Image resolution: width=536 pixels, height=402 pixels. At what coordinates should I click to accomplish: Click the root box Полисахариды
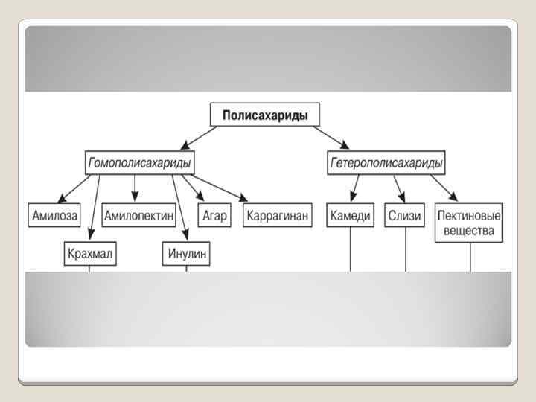[x=265, y=115]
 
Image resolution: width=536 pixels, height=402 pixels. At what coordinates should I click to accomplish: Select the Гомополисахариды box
[x=139, y=162]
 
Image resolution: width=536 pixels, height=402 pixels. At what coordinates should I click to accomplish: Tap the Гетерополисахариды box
[x=386, y=162]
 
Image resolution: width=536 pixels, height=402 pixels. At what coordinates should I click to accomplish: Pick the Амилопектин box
[x=139, y=216]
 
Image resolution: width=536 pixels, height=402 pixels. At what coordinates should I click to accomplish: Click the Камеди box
[x=351, y=216]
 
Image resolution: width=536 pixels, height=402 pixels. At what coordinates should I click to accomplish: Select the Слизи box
[x=405, y=216]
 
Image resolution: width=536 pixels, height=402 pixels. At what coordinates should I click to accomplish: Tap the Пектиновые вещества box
[x=469, y=223]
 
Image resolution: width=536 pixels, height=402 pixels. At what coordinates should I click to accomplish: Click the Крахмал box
[x=89, y=255]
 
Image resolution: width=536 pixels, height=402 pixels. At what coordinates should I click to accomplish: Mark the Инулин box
[x=186, y=255]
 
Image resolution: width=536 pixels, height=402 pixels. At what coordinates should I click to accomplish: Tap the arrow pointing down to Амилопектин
[x=135, y=188]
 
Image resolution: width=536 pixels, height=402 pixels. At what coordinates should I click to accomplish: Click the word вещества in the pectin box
[x=469, y=230]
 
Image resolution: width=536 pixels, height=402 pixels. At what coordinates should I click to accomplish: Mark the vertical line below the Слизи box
[x=406, y=249]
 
